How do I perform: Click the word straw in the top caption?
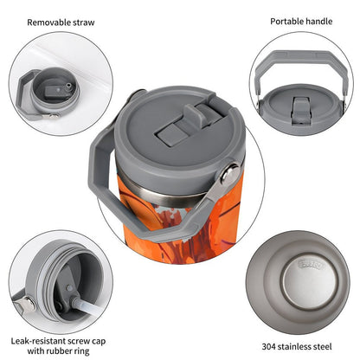pos(84,22)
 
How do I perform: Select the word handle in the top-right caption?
pos(319,22)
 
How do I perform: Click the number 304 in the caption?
pos(269,346)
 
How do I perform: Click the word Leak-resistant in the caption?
pos(39,341)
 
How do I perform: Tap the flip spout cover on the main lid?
pos(202,113)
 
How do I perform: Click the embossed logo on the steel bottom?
pos(311,264)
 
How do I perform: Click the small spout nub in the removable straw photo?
pos(68,87)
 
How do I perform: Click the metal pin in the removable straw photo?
pos(51,116)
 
